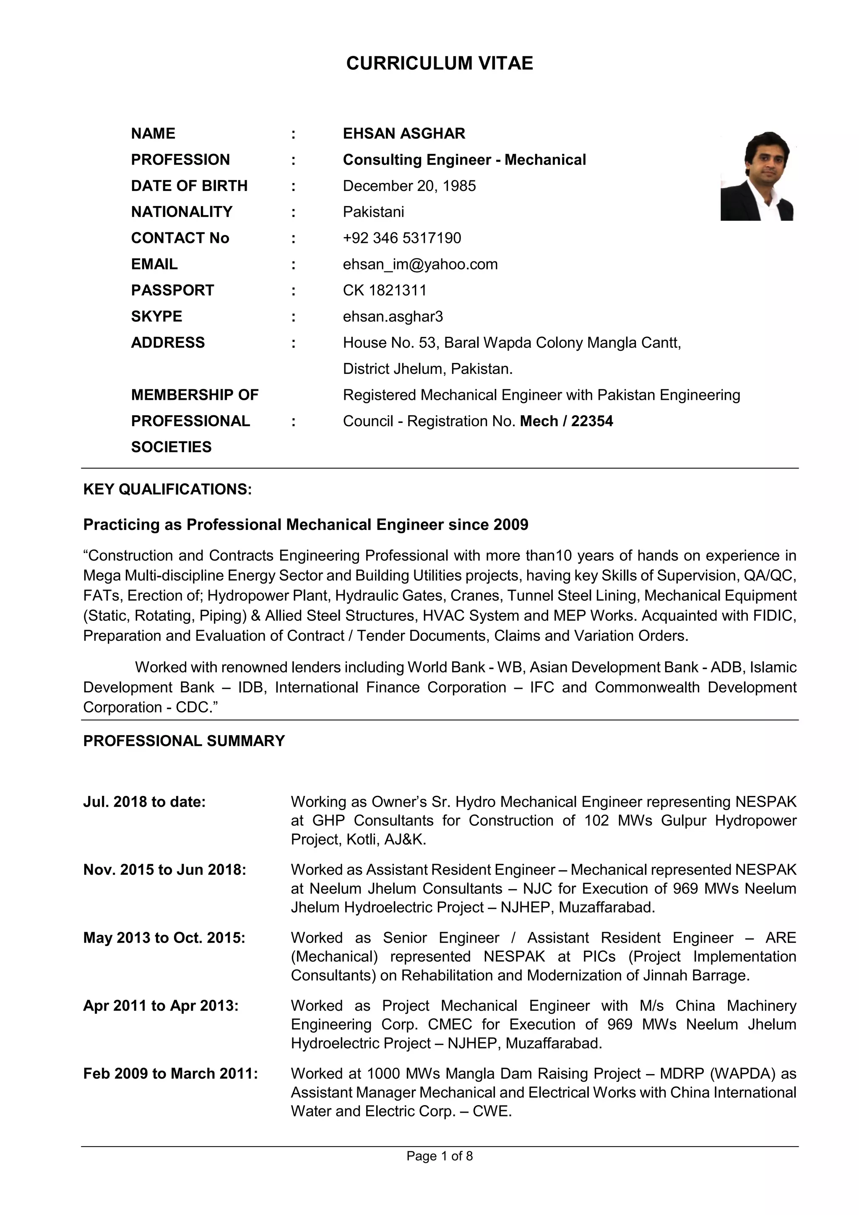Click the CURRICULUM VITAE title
(x=439, y=63)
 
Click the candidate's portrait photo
(x=757, y=176)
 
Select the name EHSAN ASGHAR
(x=403, y=133)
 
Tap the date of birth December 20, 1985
(x=409, y=186)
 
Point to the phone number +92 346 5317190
(x=401, y=238)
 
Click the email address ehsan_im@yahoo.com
(x=420, y=264)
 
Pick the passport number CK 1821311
(x=384, y=290)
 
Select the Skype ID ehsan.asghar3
(x=393, y=316)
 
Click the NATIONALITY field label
(x=182, y=212)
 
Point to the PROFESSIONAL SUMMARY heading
(x=184, y=741)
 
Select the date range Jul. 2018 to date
(x=144, y=802)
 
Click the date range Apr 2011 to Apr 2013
(x=160, y=1006)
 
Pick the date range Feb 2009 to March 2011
(x=170, y=1073)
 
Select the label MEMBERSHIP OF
(x=194, y=395)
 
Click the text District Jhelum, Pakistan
(x=427, y=369)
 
